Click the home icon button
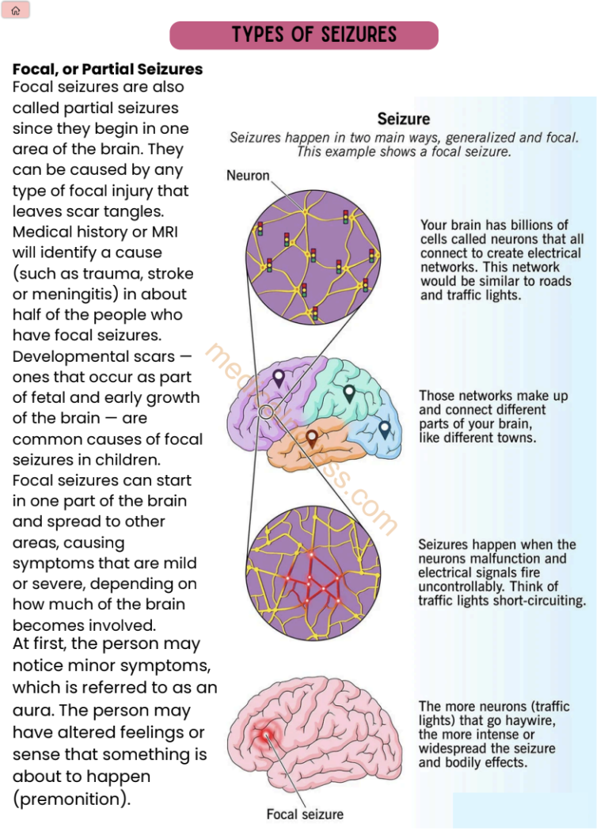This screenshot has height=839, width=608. click(16, 10)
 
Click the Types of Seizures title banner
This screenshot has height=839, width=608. click(304, 35)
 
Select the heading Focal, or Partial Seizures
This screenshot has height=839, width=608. click(108, 69)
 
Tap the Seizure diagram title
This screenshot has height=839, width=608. click(404, 120)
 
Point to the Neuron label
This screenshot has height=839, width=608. click(248, 175)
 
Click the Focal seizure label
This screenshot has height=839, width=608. click(305, 814)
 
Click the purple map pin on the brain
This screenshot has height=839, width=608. click(278, 378)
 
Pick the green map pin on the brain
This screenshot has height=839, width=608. click(349, 392)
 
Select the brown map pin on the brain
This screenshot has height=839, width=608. click(312, 437)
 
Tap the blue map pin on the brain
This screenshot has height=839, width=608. click(385, 428)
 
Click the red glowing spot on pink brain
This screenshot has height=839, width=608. click(264, 736)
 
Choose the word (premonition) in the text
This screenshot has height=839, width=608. click(71, 799)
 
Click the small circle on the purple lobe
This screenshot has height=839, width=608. click(267, 412)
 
